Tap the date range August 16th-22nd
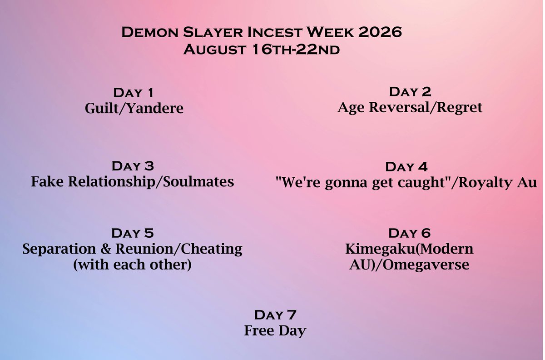(261, 49)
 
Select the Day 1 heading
(133, 93)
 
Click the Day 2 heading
(410, 92)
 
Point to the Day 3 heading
(133, 165)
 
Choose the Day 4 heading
(406, 167)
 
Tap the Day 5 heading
(133, 234)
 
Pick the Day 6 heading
(410, 234)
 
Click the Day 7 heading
(275, 315)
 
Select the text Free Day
(275, 330)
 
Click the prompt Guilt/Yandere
(134, 109)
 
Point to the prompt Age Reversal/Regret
(410, 108)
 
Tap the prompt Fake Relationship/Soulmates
(133, 182)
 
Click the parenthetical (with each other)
(132, 265)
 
